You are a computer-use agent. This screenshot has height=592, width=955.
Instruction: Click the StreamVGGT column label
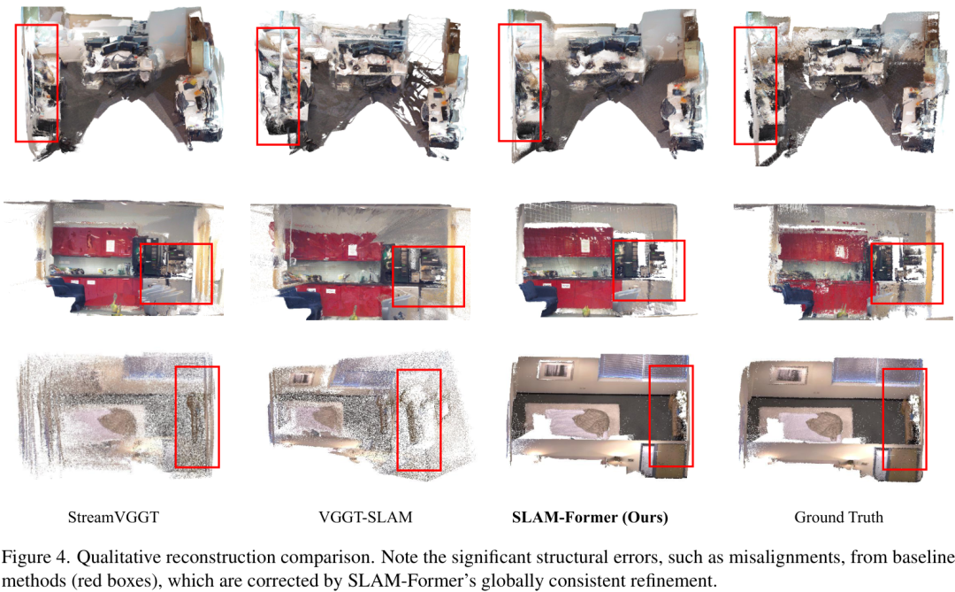(113, 518)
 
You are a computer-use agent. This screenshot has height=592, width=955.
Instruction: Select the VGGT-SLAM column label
(365, 518)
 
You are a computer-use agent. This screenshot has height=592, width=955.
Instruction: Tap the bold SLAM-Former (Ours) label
(590, 518)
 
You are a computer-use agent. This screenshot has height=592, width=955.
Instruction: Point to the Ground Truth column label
(838, 518)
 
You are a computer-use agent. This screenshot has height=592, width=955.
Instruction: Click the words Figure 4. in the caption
(35, 557)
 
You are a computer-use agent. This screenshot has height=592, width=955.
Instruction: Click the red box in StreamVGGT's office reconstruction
(16, 83)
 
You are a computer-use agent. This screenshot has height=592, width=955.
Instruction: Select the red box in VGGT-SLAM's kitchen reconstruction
(393, 276)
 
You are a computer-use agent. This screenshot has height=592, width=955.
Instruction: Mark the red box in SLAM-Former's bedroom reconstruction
(650, 416)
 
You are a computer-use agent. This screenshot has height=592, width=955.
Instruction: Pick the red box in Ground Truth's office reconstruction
(735, 85)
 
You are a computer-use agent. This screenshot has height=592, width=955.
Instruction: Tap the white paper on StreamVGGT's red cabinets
(110, 245)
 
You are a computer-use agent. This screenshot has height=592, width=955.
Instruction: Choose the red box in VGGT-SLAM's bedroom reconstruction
(398, 420)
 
